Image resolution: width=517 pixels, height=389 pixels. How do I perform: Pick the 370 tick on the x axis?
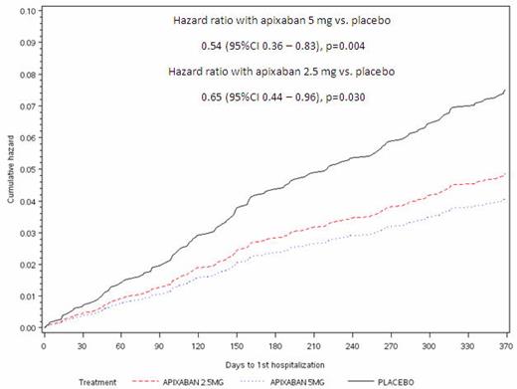tap(505, 344)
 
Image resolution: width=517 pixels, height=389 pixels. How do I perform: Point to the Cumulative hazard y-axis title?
tap(8, 169)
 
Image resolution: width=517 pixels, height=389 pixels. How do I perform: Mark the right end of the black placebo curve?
tap(505, 91)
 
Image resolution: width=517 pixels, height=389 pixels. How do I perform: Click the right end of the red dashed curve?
tap(505, 174)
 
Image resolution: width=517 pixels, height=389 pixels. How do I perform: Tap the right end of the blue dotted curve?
tap(505, 199)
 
